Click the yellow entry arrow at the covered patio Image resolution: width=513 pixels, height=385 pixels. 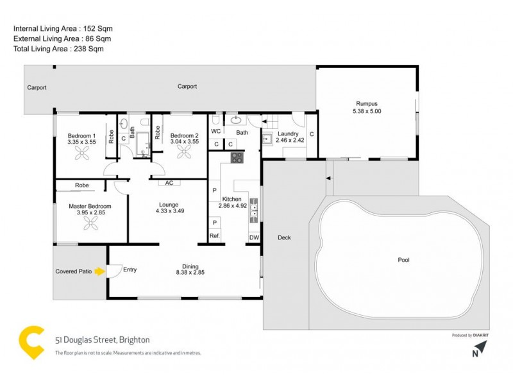[x=99, y=271]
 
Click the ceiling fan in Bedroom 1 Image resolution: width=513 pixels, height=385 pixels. [x=81, y=153]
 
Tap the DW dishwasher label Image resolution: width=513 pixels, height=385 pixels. [x=255, y=237]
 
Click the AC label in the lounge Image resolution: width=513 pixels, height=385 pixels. [x=169, y=183]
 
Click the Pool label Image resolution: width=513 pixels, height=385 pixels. [x=403, y=260]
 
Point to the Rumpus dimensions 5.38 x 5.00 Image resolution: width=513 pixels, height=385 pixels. [x=367, y=111]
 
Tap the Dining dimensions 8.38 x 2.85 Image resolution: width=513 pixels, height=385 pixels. [x=190, y=272]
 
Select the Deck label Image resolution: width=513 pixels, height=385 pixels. [x=284, y=237]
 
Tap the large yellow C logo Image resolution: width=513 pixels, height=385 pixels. [x=32, y=341]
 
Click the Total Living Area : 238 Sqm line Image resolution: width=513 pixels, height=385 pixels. [x=58, y=48]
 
